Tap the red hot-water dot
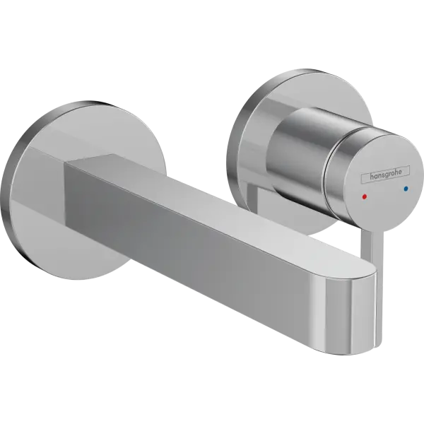tap(365, 196)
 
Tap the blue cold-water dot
tap(406, 189)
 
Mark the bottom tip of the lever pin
tap(378, 346)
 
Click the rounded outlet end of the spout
tap(351, 313)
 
